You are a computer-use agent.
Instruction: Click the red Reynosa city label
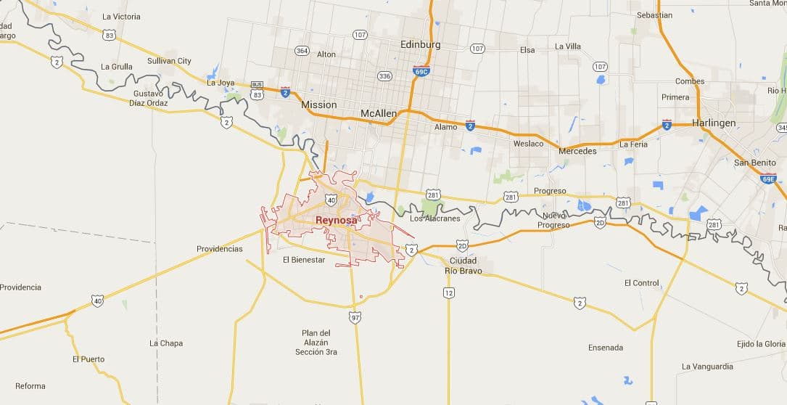[336, 220]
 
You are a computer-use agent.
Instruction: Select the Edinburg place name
[421, 44]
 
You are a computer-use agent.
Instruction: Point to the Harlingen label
[714, 123]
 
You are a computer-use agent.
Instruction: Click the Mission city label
[319, 105]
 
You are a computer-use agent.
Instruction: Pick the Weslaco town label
[528, 144]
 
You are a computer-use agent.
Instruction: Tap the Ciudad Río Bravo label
[463, 266]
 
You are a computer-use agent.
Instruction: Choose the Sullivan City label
[169, 61]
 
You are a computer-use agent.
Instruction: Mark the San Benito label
[755, 163]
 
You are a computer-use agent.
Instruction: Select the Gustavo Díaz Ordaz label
[148, 99]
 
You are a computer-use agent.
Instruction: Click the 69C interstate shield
[421, 70]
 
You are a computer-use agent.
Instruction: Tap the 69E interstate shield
[768, 179]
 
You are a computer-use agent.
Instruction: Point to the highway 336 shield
[384, 75]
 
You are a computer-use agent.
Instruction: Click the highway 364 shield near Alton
[302, 50]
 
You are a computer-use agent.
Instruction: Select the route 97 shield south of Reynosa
[355, 317]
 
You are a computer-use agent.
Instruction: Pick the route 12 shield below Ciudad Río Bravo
[449, 292]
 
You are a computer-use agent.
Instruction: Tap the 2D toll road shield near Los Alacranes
[463, 245]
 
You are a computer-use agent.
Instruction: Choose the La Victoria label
[121, 16]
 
